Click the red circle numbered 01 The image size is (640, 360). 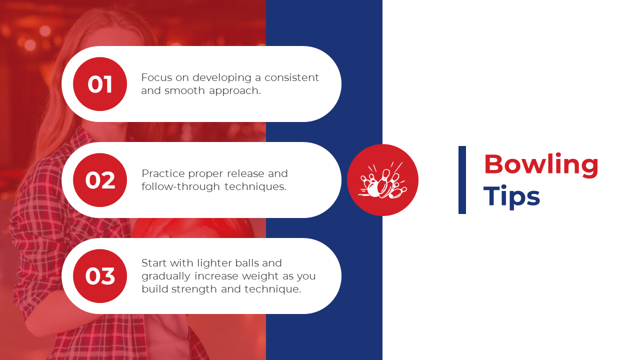100,84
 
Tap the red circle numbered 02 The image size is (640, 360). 100,180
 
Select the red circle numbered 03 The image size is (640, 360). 100,276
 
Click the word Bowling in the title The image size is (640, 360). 541,165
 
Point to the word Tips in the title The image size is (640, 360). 511,197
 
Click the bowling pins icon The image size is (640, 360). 383,180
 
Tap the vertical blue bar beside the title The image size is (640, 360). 462,180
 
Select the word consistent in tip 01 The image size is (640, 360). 291,77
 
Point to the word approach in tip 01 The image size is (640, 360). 235,91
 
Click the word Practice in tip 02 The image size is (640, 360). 163,173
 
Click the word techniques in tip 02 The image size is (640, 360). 255,187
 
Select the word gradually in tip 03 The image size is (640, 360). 166,276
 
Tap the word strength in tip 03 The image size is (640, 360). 194,289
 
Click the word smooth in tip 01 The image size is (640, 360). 184,90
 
